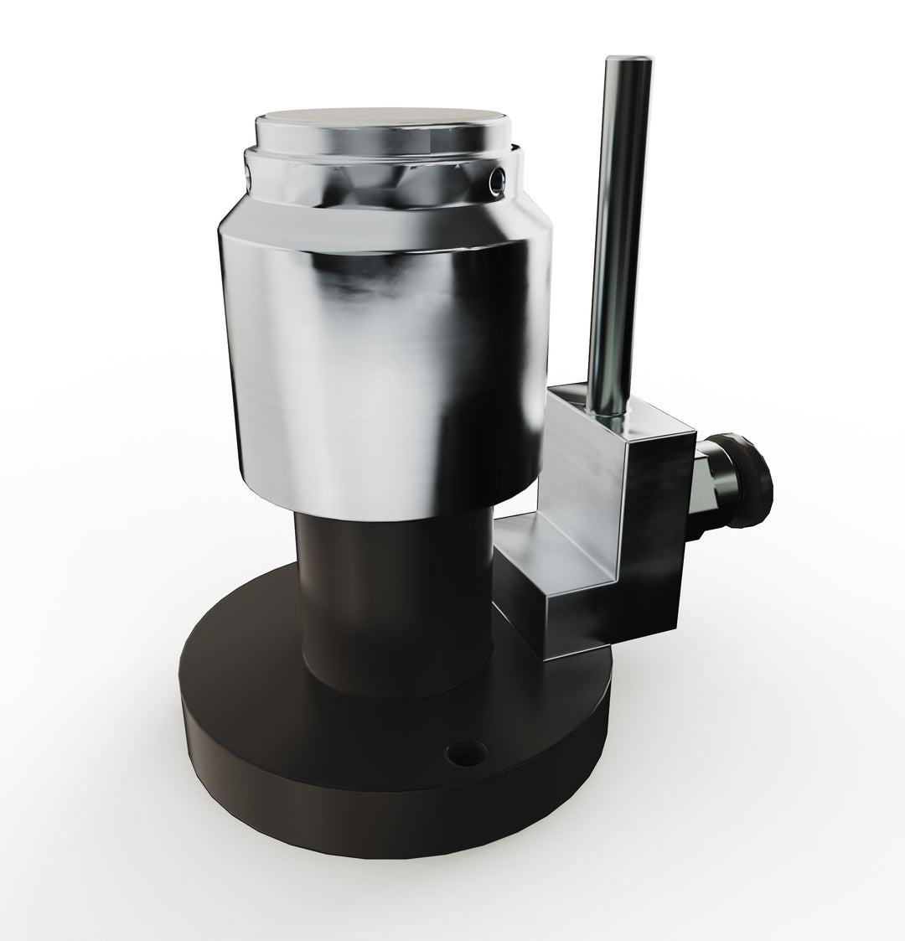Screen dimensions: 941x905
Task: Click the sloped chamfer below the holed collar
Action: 377,220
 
